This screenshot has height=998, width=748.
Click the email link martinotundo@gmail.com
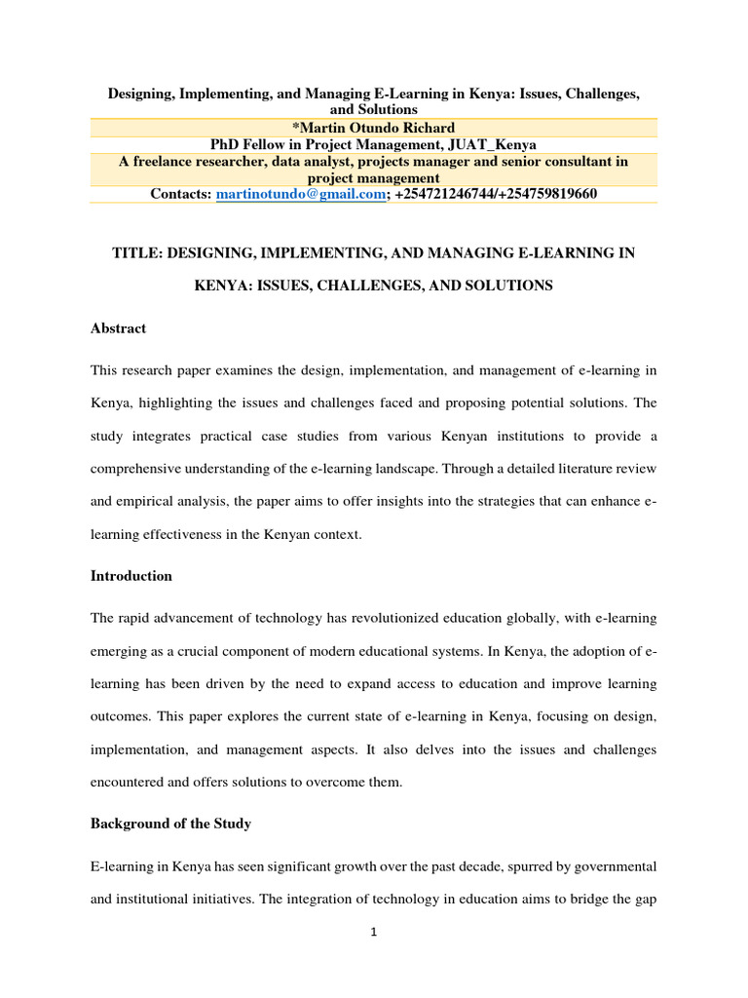(x=301, y=194)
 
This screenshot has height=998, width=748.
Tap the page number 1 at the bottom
(x=373, y=932)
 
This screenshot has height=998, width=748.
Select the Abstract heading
(x=118, y=328)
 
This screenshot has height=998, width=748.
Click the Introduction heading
(x=131, y=576)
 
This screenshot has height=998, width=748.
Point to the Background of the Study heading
(x=170, y=824)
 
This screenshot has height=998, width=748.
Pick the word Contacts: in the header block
(x=181, y=194)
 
